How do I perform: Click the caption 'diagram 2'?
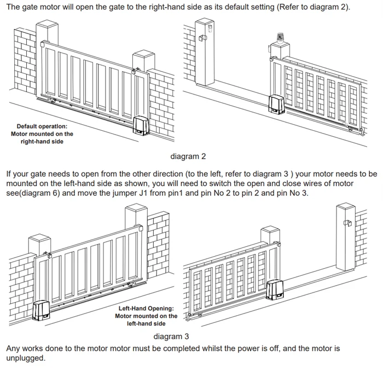click(188, 156)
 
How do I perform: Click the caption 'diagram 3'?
click(171, 336)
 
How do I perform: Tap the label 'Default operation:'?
click(42, 126)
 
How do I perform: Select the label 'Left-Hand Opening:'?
click(146, 309)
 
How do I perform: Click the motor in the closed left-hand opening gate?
click(42, 310)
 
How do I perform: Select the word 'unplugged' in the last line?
click(25, 358)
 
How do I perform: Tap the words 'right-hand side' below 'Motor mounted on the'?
click(42, 142)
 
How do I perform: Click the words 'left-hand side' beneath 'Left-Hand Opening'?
click(146, 323)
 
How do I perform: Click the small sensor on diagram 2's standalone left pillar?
click(201, 38)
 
